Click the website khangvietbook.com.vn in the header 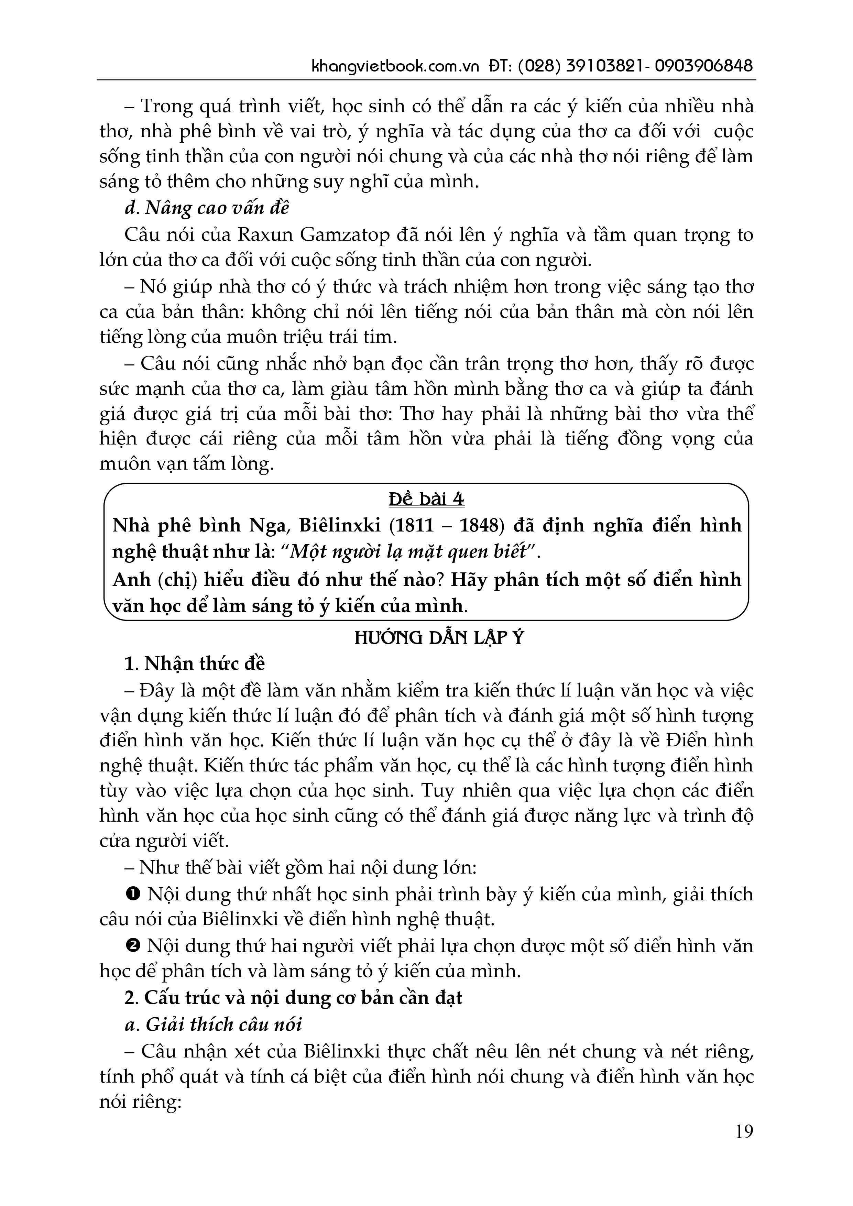[396, 67]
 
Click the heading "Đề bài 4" [426, 499]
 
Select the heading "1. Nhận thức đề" [195, 664]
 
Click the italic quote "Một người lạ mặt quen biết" [409, 552]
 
